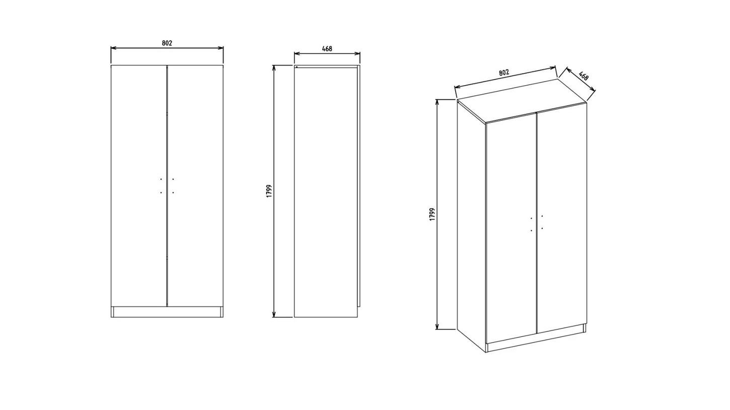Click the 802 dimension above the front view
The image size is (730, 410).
point(167,43)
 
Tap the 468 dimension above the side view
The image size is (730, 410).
point(327,48)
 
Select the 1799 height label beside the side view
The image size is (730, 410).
point(269,191)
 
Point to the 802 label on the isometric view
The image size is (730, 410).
point(504,73)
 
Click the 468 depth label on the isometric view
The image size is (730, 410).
point(583,76)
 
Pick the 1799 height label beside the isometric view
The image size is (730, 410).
point(432,214)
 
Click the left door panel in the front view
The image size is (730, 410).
point(139,185)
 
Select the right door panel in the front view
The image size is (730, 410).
point(195,185)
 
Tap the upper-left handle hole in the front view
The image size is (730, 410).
point(161,179)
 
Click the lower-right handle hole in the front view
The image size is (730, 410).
point(173,192)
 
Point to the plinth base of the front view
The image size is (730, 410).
point(167,312)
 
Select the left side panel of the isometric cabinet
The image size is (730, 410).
point(472,225)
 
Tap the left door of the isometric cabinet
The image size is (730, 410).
point(512,228)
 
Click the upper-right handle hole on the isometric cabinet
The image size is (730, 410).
point(542,216)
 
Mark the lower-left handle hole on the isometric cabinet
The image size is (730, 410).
point(531,231)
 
